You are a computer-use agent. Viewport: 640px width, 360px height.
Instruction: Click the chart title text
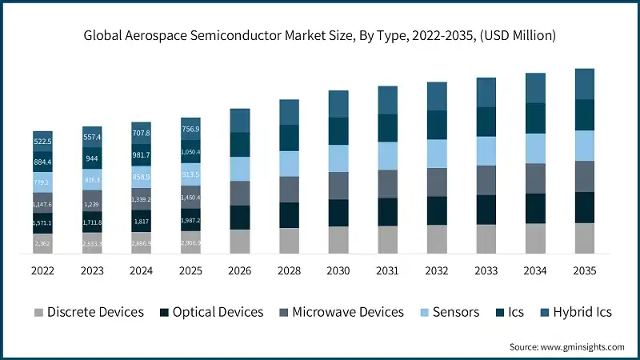pos(320,35)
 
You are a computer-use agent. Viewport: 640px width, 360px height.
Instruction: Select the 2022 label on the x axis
pos(42,270)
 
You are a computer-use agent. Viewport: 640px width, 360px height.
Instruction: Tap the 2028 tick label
pos(289,270)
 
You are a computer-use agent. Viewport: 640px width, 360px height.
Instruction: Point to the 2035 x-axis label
pos(585,270)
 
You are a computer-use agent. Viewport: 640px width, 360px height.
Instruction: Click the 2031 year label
pos(387,270)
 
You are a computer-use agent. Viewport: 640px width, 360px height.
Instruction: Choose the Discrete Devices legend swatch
pos(38,312)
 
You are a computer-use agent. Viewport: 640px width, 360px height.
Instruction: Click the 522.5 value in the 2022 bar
pos(42,141)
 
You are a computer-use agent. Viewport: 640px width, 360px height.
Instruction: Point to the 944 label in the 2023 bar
pos(92,158)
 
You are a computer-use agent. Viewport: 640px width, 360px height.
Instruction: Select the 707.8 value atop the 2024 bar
pos(142,133)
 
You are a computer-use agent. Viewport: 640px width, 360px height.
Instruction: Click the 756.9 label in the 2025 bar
pos(190,129)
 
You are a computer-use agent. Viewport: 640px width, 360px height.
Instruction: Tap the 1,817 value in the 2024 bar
pos(142,222)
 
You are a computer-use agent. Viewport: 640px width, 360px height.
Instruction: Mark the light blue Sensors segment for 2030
pos(338,158)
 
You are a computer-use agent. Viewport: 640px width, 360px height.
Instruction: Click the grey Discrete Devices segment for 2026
pos(240,242)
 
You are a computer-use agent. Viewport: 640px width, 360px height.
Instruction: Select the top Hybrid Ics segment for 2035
pos(585,84)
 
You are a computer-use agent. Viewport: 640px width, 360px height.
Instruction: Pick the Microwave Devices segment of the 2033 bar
pos(486,180)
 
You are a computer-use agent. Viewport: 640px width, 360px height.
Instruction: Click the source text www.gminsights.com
pos(566,346)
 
